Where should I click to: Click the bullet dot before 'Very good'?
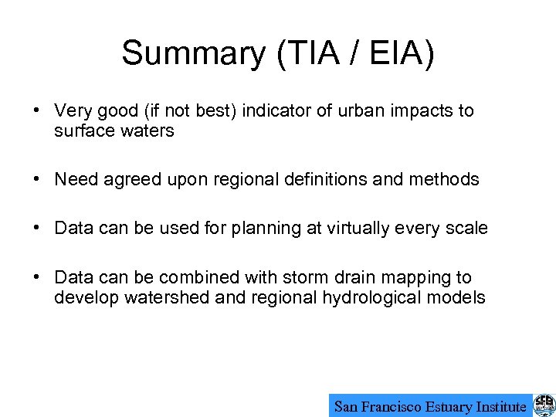pyautogui.click(x=36, y=111)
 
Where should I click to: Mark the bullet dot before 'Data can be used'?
pyautogui.click(x=36, y=229)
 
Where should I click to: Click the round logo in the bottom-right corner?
pyautogui.click(x=544, y=405)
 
